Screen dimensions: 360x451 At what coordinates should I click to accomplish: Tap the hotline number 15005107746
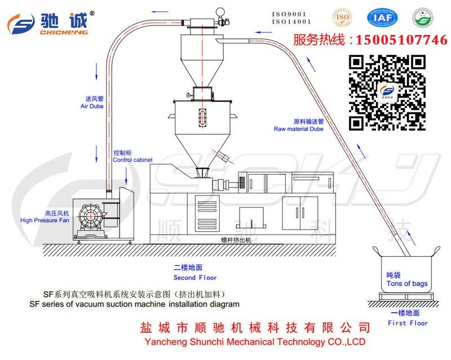tap(399, 40)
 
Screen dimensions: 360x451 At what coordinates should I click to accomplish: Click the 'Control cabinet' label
tap(132, 160)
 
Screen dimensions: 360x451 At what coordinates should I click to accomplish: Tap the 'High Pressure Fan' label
tap(45, 220)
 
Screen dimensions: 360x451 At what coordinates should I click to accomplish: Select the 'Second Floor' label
tap(195, 277)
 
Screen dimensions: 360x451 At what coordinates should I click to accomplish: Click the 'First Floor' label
tap(408, 323)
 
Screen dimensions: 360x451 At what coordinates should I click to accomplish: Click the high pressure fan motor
tap(90, 217)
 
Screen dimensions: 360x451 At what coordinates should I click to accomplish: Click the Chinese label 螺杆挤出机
tap(236, 239)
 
